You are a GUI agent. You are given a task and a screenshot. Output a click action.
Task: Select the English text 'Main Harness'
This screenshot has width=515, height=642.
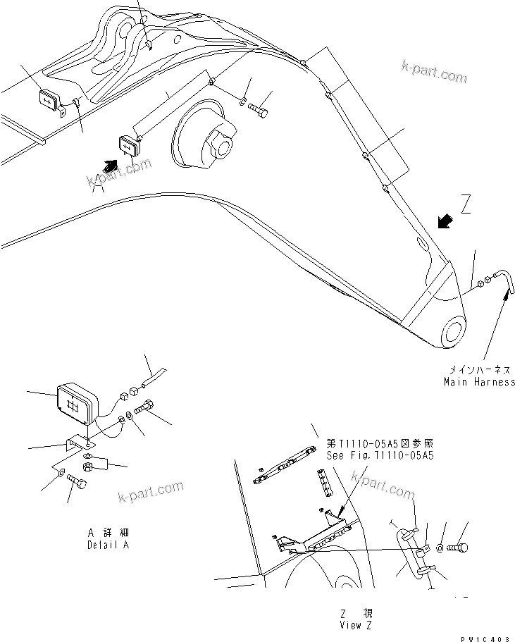479,382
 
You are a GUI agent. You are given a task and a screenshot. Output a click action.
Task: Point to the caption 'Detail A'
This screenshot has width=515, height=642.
108,545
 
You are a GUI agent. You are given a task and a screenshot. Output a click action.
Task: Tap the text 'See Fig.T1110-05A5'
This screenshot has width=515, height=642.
380,455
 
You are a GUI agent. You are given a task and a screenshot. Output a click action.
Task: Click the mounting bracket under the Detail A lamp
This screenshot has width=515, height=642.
78,444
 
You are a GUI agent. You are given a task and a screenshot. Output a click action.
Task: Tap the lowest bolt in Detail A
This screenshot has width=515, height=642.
78,485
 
